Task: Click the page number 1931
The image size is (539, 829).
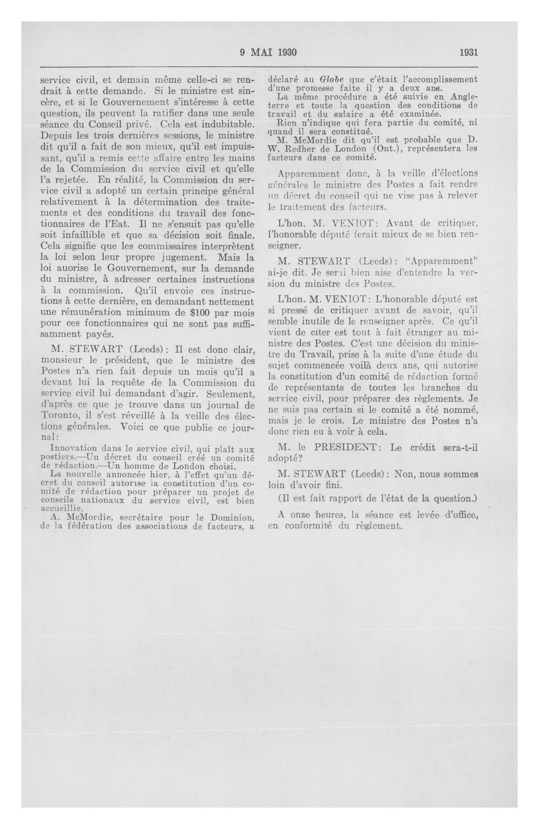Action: click(x=468, y=52)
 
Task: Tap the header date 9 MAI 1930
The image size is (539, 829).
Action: click(x=268, y=52)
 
